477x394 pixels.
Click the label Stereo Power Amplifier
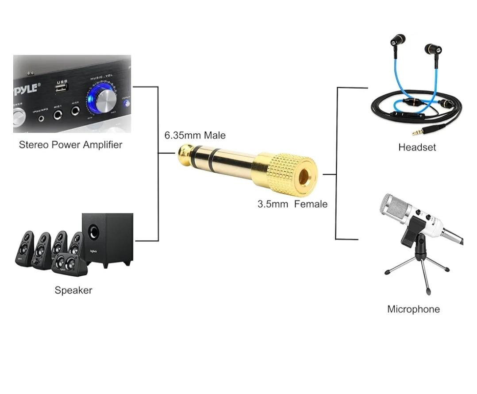click(70, 145)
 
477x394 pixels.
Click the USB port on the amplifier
click(62, 87)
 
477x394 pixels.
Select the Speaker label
click(73, 290)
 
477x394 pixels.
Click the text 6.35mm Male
click(195, 135)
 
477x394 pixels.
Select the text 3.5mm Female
click(292, 204)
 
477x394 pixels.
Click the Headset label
click(417, 147)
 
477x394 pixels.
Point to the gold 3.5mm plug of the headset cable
click(420, 131)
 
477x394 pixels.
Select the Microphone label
click(413, 309)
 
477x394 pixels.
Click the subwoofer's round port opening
click(93, 231)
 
